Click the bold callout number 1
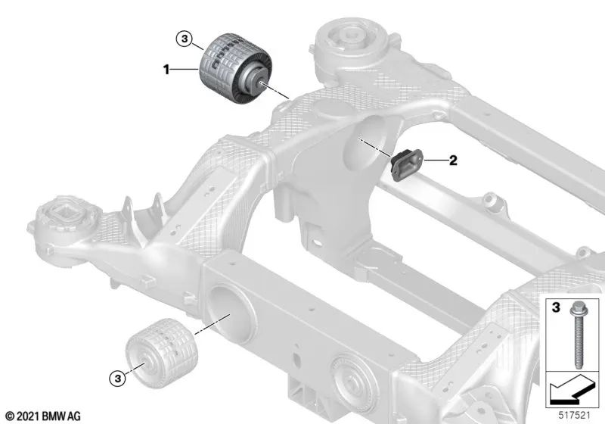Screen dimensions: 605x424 tap(166, 70)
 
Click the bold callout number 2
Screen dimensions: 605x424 tap(453, 160)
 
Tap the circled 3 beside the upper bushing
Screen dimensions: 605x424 tap(185, 39)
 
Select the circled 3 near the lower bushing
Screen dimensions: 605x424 tap(118, 378)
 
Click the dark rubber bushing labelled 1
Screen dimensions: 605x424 tap(236, 69)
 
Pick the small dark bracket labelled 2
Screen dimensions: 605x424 tap(407, 164)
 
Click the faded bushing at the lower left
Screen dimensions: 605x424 tap(162, 353)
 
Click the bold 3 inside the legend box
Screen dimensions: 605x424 tap(556, 307)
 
